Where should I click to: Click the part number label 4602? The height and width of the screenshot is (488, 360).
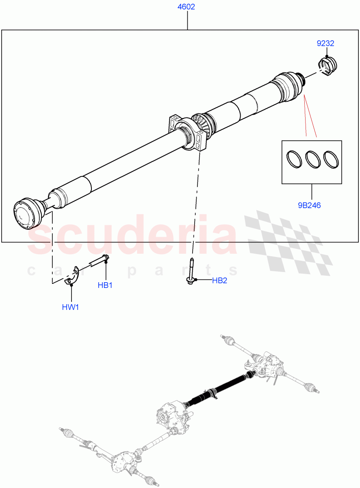click(187, 7)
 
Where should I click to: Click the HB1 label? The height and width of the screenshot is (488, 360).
click(105, 285)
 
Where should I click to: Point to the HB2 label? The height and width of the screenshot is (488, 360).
click(219, 281)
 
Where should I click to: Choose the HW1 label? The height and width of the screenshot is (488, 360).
click(70, 307)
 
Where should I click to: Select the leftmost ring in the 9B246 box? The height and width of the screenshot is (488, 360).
click(294, 159)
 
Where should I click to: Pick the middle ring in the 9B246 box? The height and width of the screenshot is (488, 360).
click(312, 159)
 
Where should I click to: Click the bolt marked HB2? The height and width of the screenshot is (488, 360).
click(191, 272)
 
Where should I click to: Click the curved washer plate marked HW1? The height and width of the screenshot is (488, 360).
click(72, 275)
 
